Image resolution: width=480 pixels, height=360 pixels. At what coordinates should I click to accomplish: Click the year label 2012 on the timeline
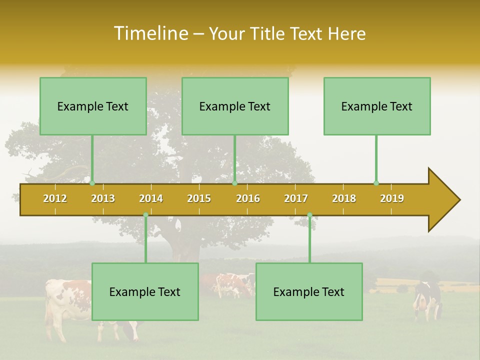55,198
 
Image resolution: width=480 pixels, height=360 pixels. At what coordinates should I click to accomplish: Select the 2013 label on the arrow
103,198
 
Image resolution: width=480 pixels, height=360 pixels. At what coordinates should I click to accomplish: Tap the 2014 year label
151,198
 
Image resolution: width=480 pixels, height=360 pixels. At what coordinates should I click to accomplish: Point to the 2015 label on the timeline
199,198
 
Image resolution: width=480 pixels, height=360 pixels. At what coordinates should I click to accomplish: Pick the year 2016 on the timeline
248,198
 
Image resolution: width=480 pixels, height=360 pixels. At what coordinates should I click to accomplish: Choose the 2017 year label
296,198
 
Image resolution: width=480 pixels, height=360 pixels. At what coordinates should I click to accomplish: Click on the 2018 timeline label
344,198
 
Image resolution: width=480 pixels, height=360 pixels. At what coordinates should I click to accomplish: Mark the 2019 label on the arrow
392,198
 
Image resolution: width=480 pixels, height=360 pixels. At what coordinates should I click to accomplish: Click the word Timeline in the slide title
150,33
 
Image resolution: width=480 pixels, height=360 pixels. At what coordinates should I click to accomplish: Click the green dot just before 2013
92,183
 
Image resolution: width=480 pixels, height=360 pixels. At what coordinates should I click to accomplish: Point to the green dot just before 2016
234,183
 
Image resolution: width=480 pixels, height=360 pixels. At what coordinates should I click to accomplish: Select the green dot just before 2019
376,183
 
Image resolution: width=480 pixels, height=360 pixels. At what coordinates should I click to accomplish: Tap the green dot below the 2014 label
145,215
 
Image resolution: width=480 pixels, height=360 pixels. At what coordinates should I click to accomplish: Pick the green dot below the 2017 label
309,215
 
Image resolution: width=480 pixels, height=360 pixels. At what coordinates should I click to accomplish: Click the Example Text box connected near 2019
377,106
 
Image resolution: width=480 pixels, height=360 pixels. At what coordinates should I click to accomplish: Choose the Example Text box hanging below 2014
145,291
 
